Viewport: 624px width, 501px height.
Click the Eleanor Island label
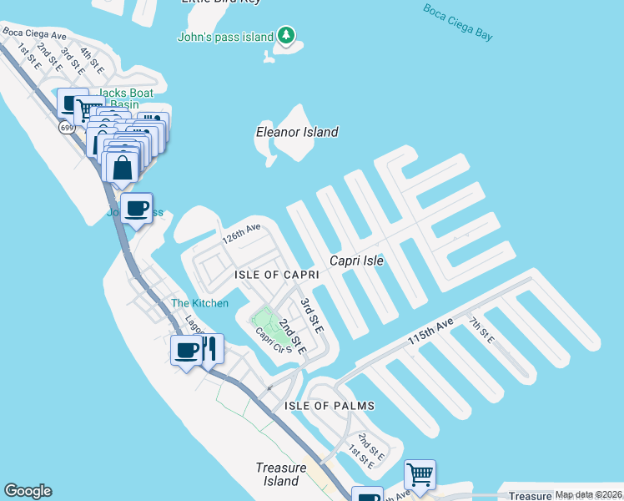(x=297, y=132)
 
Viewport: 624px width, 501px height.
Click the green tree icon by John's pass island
(x=287, y=35)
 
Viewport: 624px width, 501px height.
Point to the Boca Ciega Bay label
(x=458, y=23)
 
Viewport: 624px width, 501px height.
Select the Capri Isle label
(x=356, y=261)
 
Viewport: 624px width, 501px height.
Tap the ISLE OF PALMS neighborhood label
(x=329, y=406)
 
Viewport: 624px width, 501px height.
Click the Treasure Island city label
(x=280, y=474)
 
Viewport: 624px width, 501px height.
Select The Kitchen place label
(x=199, y=303)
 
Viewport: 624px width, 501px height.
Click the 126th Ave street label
(x=241, y=233)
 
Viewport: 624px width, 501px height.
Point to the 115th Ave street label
(x=430, y=332)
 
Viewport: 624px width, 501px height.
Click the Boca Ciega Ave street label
(x=34, y=35)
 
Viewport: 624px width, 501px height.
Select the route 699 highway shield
(x=66, y=127)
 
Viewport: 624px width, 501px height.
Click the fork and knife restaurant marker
(x=209, y=348)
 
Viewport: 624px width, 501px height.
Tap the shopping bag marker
(x=122, y=166)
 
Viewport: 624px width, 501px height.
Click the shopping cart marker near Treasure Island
(x=420, y=474)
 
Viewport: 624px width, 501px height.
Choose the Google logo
(x=28, y=491)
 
